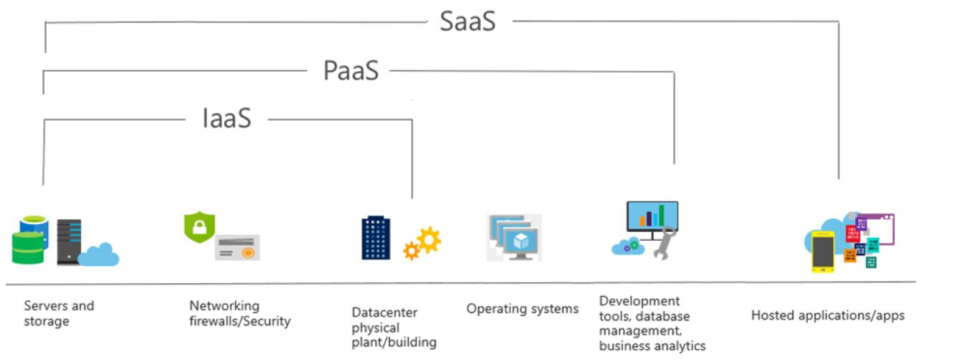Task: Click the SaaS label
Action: coord(468,22)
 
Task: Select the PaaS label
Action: coord(351,70)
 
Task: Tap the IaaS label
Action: coord(227,118)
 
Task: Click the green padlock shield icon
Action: coord(200,227)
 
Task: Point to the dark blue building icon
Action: coord(376,238)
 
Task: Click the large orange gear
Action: coord(429,240)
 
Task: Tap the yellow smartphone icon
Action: coord(823,251)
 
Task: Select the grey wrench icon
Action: coord(664,244)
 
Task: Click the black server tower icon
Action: coord(69,242)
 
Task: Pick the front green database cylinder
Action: coord(28,248)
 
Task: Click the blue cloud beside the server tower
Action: coord(98,254)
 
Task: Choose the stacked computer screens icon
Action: coord(515,238)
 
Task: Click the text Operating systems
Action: coord(522,309)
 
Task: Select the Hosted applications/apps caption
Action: coord(828,315)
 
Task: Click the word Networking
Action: coord(224,306)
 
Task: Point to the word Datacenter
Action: coord(384,313)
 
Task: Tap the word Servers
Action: coord(45,306)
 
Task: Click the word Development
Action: coord(640,302)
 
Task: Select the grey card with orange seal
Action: coord(237,247)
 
